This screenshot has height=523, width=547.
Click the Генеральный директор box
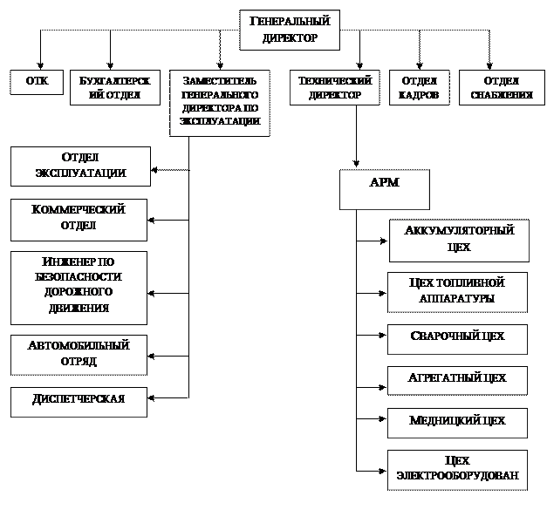click(x=289, y=30)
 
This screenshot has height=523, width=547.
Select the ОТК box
click(x=37, y=83)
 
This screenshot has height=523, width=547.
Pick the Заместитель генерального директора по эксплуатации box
click(x=220, y=102)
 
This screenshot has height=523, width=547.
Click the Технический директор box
click(x=335, y=87)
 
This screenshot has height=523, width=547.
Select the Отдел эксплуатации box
click(x=80, y=166)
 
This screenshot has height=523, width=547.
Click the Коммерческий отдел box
click(x=79, y=219)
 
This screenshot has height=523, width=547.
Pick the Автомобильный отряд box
click(x=79, y=354)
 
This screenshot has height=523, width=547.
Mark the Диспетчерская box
click(x=79, y=401)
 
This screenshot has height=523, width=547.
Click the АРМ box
click(x=384, y=189)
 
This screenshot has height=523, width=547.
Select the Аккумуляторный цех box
click(x=459, y=240)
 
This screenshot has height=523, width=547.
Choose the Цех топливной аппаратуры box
click(x=457, y=291)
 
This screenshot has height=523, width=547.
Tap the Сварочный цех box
click(x=457, y=338)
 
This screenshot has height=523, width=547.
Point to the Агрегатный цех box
click(x=457, y=380)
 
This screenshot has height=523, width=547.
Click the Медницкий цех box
click(x=457, y=422)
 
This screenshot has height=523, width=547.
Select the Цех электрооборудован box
click(x=457, y=469)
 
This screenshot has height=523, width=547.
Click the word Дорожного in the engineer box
click(x=79, y=293)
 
